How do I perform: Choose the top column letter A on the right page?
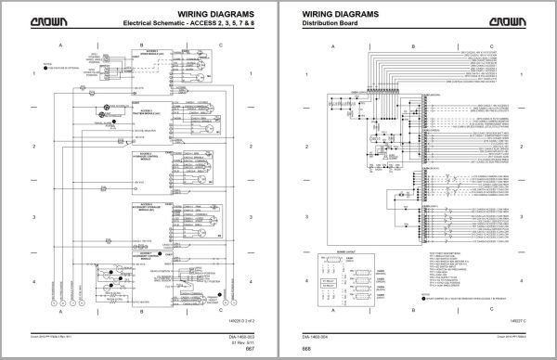[346, 45]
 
